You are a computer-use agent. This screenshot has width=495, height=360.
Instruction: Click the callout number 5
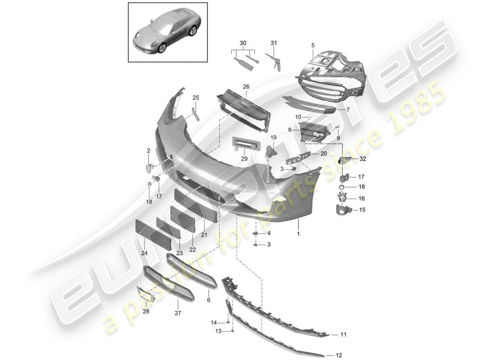pos(313,45)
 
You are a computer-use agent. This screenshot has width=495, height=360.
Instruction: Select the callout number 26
pos(246,87)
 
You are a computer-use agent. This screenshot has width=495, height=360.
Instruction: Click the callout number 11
pos(344,335)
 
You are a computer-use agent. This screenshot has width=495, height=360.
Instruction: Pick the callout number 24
pos(144,253)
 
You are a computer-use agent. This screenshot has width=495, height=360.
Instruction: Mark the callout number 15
pos(362,209)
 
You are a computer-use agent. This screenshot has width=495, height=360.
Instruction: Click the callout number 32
pos(363,159)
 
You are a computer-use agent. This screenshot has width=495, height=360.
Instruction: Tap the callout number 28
pos(146,311)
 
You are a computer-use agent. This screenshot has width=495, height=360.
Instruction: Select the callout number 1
pos(297,234)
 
